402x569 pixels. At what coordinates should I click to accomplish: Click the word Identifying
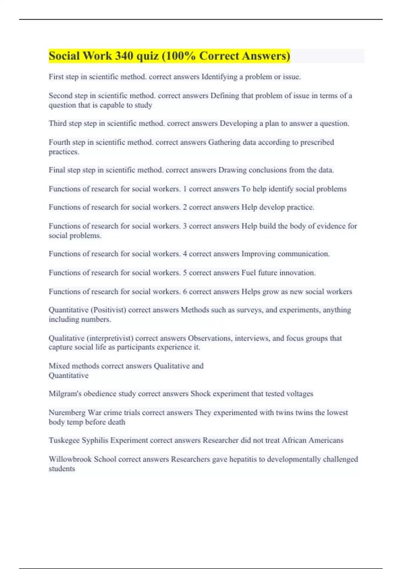coord(219,77)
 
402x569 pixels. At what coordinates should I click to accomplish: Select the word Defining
coord(224,96)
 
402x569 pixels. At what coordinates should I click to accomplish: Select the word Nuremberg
coord(67,412)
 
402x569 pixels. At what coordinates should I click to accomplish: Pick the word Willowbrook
coord(70,459)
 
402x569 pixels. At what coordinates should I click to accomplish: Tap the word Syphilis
coord(92,440)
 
